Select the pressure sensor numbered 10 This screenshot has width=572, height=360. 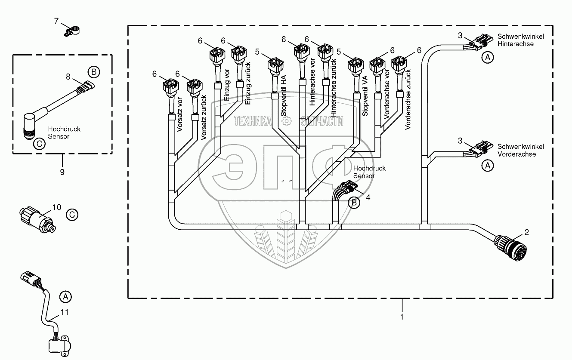click(37, 218)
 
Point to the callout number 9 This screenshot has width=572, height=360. click(62, 172)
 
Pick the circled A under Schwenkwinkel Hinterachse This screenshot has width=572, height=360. click(487, 57)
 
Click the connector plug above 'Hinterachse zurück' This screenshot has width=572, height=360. click(324, 55)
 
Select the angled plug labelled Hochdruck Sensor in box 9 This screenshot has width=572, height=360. click(31, 124)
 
